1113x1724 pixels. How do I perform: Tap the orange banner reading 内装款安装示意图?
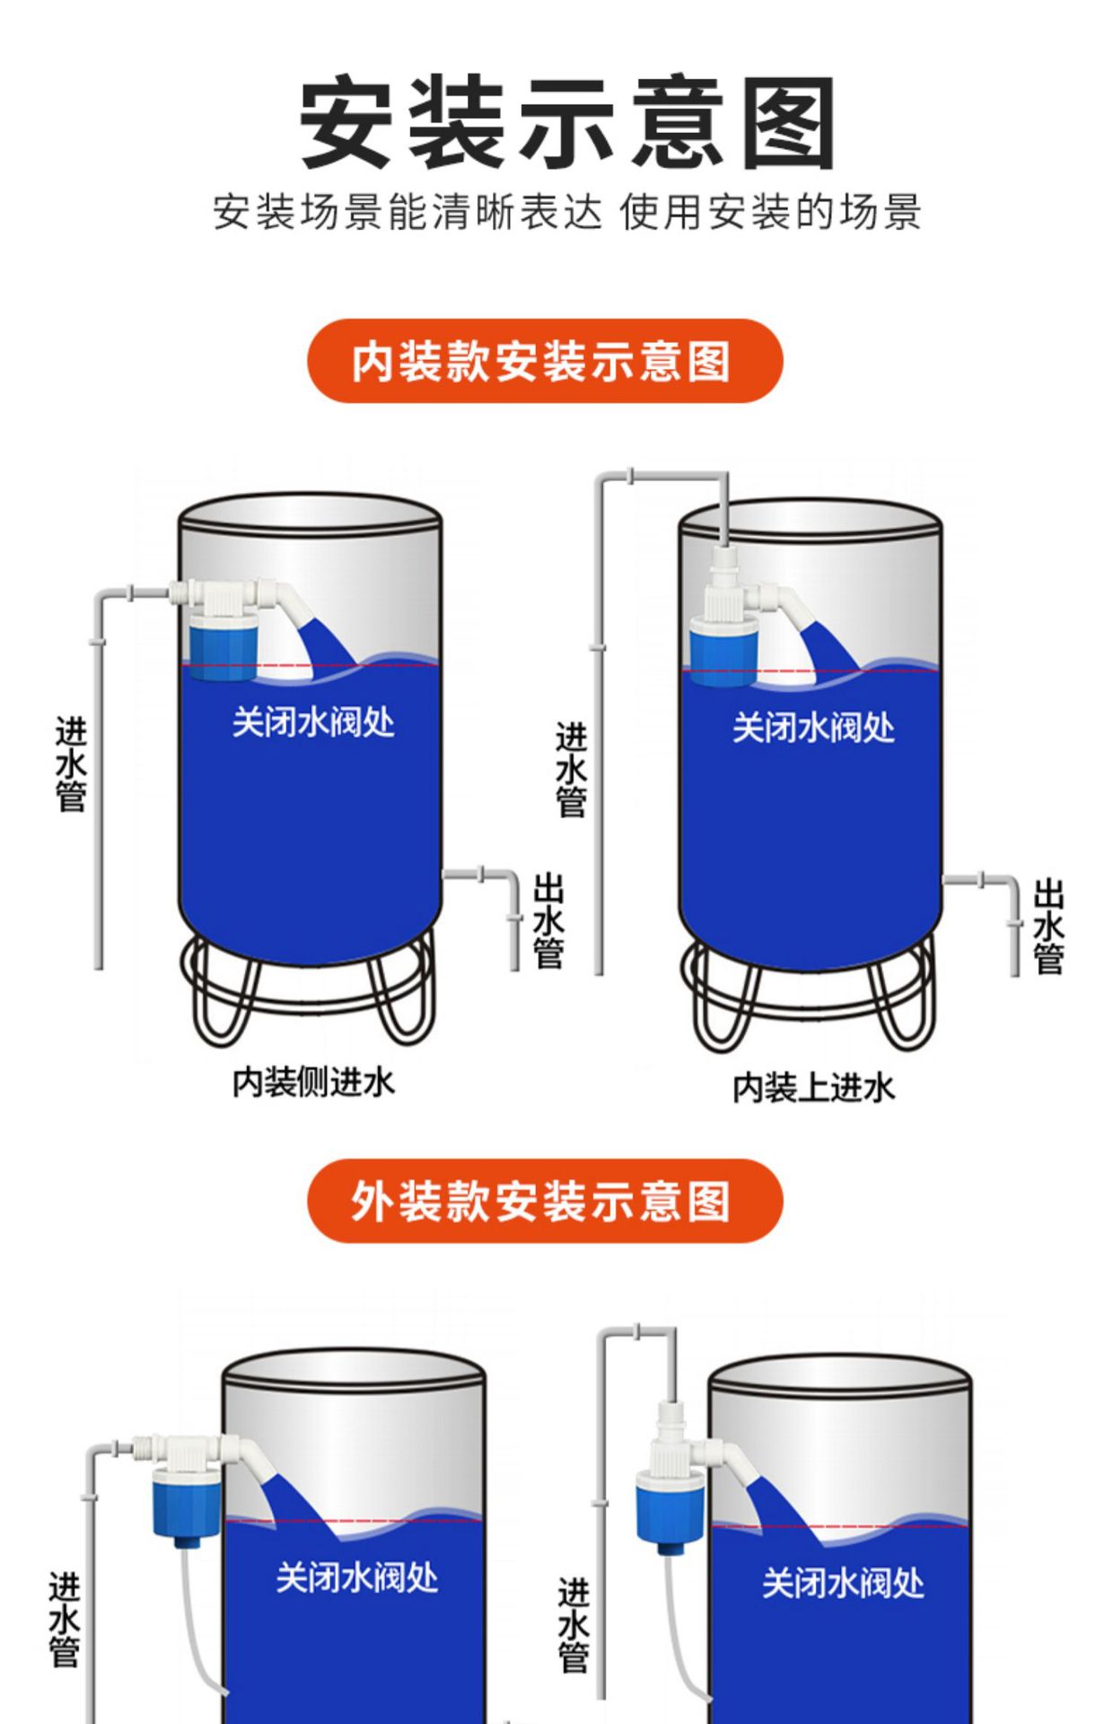544,361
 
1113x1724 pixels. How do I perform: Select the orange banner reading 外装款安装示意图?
544,1201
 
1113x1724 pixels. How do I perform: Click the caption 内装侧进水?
313,1082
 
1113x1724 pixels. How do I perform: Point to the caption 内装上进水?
813,1087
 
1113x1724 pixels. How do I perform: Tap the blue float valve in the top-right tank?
723,652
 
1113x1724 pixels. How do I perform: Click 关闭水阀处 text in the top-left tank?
313,722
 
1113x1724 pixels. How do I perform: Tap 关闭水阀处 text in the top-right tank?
813,727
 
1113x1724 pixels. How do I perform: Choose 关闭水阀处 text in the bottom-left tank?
356,1578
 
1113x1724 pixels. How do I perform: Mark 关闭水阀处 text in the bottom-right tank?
843,1583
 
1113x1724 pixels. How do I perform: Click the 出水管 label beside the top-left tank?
548,921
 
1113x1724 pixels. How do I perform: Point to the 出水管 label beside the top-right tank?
1048,927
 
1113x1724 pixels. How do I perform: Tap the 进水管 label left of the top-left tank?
71,764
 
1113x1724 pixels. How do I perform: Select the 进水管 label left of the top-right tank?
571,770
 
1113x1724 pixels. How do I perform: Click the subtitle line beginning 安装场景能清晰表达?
567,213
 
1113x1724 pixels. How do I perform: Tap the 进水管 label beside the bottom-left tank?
65,1620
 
